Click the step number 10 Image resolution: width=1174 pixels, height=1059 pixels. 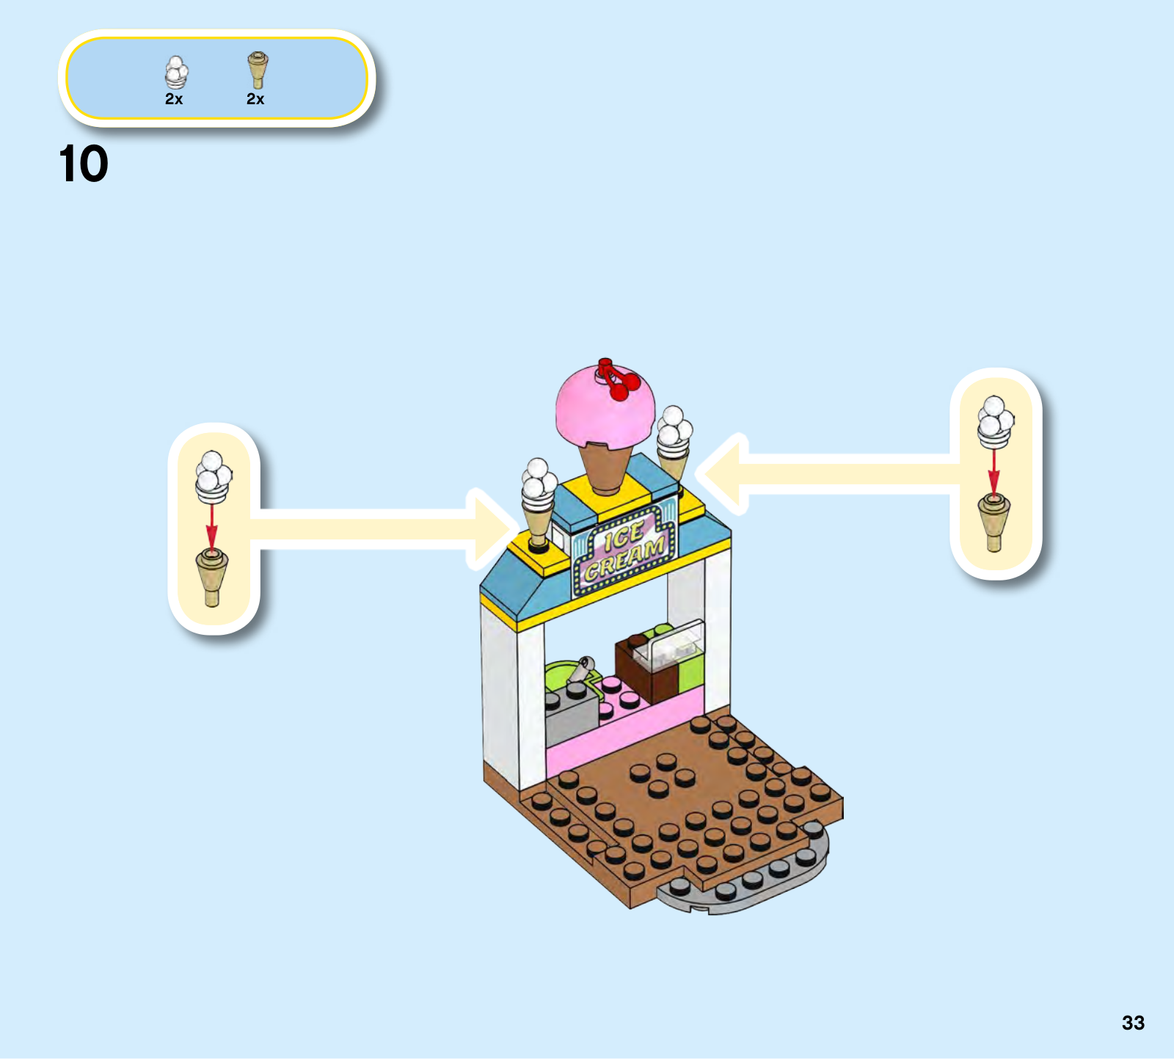click(x=83, y=164)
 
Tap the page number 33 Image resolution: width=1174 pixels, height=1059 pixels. click(x=1133, y=1022)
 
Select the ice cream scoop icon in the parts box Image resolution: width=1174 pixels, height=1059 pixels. click(x=175, y=72)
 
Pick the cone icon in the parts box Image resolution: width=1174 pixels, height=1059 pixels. click(x=257, y=69)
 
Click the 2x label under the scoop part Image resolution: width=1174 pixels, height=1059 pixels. click(x=174, y=99)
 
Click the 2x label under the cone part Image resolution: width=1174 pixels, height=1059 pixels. click(x=255, y=99)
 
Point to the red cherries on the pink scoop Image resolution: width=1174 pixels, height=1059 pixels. click(x=618, y=379)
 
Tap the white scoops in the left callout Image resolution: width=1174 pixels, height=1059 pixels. click(x=213, y=476)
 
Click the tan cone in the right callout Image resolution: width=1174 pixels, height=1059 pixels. click(x=993, y=521)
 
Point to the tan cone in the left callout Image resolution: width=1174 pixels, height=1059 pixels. click(x=212, y=577)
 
